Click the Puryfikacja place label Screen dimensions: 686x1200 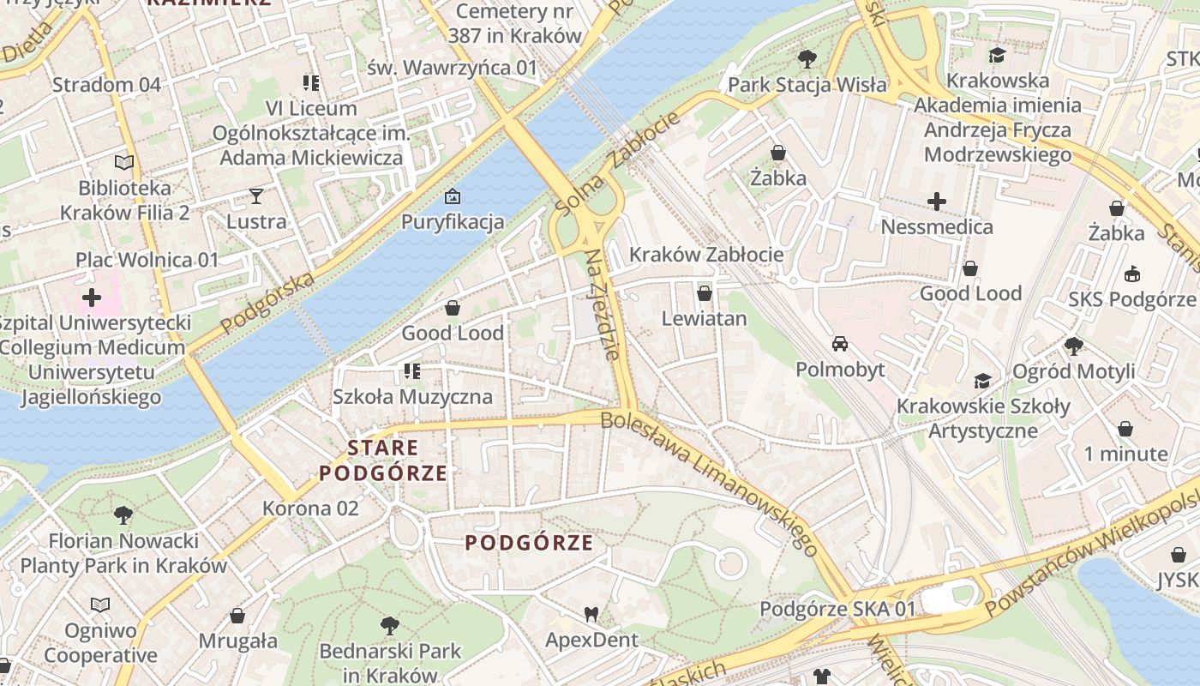453,222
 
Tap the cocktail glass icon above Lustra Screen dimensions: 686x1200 256,196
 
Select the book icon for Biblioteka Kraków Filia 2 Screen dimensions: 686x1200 124,162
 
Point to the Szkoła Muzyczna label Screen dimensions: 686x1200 412,396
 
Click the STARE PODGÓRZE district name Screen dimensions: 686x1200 383,460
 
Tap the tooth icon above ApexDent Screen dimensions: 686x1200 591,614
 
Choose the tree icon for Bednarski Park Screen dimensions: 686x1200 390,625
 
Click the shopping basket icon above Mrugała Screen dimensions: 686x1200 237,616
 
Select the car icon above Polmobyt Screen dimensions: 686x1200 840,344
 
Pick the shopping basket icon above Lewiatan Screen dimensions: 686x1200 705,293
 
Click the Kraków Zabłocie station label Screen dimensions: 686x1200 705,255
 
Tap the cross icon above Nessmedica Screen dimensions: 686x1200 937,202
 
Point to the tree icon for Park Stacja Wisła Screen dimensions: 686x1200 807,59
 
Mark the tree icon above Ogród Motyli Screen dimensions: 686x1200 1073,346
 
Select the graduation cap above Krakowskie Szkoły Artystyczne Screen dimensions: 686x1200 983,381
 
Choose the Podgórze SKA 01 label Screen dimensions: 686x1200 837,609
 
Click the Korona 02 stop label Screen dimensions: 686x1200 310,508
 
